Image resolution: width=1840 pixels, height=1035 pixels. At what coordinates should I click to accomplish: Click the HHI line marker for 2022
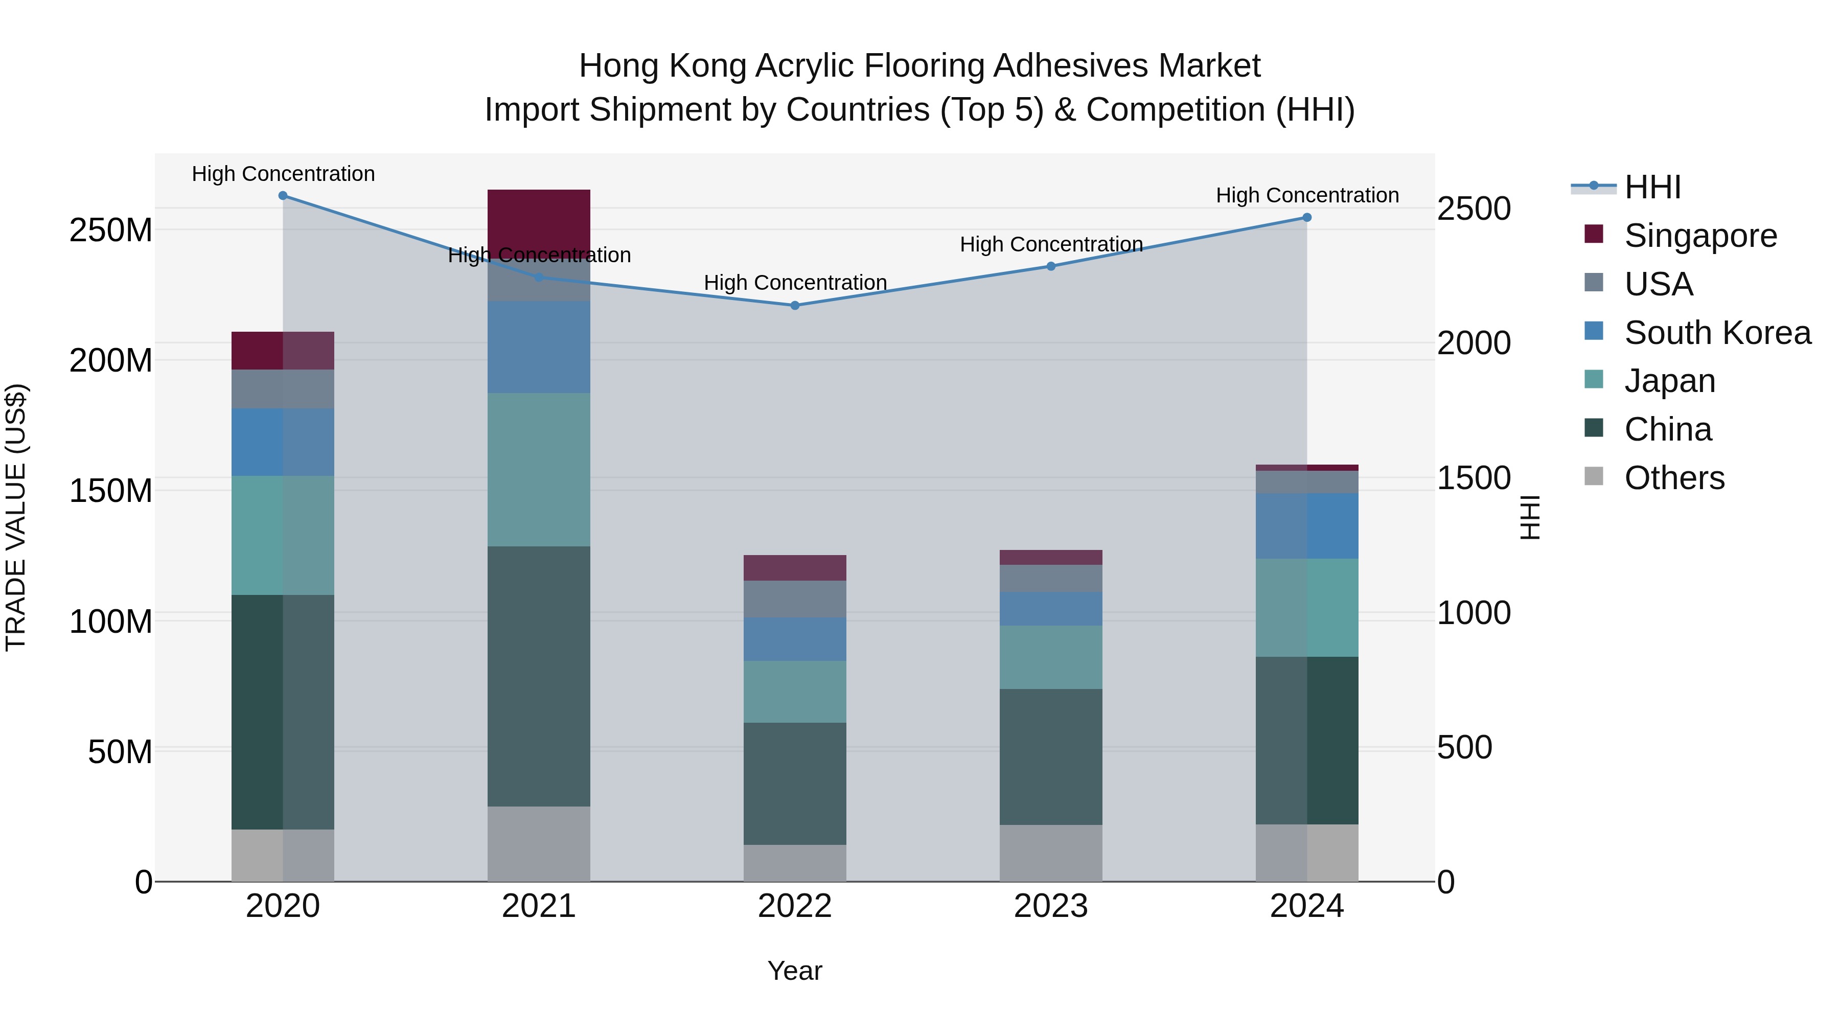click(794, 306)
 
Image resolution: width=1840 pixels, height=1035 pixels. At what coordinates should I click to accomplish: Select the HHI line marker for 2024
click(1306, 218)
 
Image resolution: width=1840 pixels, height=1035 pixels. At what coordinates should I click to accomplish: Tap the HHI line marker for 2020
click(283, 196)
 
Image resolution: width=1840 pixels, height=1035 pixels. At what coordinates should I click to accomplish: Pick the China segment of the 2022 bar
click(794, 784)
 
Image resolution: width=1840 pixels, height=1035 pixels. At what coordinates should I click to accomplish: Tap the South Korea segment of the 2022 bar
click(794, 639)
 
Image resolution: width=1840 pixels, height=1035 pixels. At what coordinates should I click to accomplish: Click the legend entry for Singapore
click(1700, 236)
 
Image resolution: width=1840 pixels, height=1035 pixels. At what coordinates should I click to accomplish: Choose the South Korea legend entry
click(1717, 333)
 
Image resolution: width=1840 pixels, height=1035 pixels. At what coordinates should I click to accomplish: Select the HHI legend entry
click(1652, 187)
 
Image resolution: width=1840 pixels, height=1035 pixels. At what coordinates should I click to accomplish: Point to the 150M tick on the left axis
click(111, 491)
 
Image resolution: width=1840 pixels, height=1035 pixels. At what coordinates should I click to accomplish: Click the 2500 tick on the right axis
click(1474, 209)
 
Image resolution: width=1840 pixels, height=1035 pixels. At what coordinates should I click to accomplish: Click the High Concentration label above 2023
click(1051, 244)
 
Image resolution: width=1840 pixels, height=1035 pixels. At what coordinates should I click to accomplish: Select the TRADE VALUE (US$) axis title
click(16, 517)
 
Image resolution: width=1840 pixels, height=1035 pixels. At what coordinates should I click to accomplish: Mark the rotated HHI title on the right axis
click(1530, 517)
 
